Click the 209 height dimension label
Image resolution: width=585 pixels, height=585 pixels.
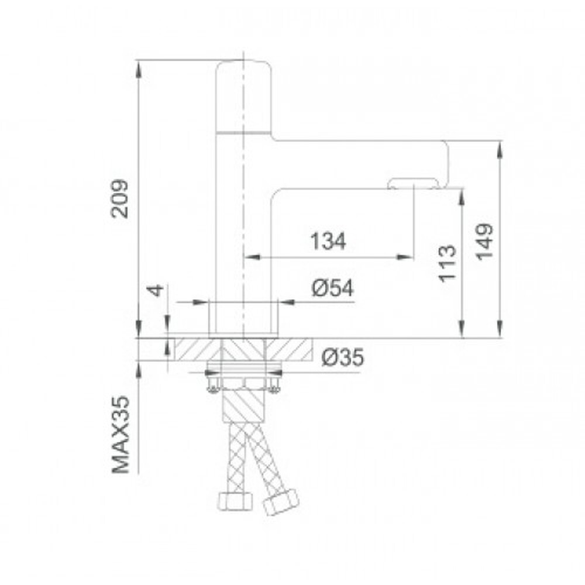click(x=120, y=199)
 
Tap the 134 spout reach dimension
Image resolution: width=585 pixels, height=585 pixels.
click(x=328, y=241)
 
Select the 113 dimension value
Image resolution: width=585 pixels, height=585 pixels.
click(x=448, y=263)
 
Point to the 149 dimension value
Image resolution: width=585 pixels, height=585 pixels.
click(x=484, y=242)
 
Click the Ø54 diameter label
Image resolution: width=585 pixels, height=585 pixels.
click(x=332, y=288)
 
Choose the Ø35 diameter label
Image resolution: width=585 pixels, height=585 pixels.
click(x=342, y=357)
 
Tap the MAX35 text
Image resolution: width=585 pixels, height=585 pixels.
click(x=121, y=435)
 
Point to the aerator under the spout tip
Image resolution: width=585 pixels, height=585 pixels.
click(x=412, y=184)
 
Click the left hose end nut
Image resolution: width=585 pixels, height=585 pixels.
click(x=235, y=501)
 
